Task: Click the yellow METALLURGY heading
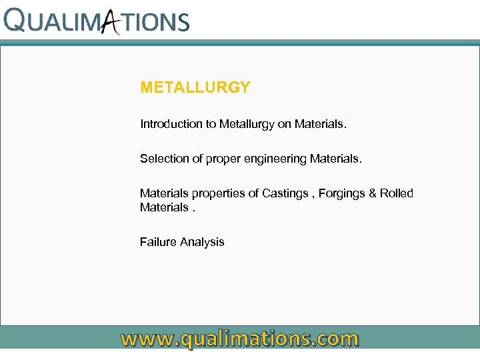[x=195, y=87]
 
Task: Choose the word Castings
[x=285, y=193]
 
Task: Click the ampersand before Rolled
[x=373, y=193]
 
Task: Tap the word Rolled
[x=397, y=193]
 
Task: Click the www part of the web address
[x=146, y=339]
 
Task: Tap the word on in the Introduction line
[x=285, y=124]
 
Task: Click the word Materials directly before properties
[x=165, y=193]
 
